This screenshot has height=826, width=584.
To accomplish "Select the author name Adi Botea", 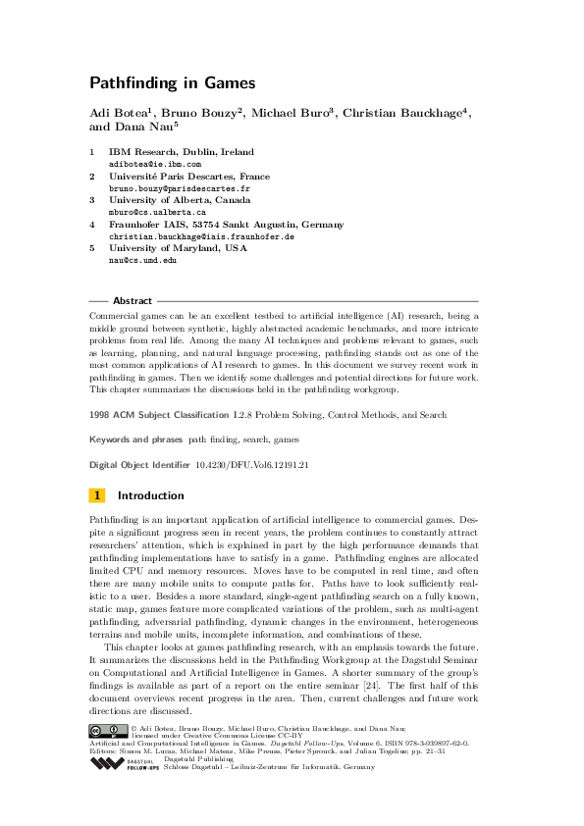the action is click(122, 114).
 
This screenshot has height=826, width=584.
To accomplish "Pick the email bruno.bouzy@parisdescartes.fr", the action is click(166, 187).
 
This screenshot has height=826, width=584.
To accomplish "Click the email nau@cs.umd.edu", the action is click(142, 259).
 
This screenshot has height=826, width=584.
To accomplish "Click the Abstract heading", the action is click(133, 301).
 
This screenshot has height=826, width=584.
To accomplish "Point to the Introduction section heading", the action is click(150, 495).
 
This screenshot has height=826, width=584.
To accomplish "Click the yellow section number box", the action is click(97, 495).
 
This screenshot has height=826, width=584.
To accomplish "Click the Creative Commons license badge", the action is click(108, 728).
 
